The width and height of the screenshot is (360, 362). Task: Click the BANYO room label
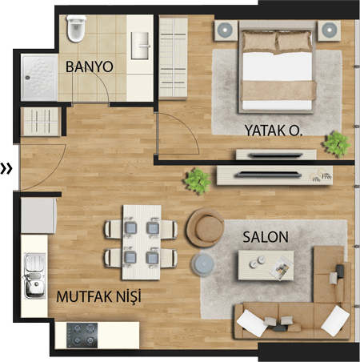(90, 66)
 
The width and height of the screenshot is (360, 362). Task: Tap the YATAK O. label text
(274, 131)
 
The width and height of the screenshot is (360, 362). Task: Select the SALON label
(266, 237)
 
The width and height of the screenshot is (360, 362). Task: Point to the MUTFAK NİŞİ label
(98, 296)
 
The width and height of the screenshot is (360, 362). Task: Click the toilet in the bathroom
(76, 28)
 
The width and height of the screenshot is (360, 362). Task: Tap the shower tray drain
(27, 78)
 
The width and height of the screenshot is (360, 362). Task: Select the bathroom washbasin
(140, 46)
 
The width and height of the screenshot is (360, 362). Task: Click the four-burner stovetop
(82, 336)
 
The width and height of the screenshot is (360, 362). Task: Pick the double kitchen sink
(34, 276)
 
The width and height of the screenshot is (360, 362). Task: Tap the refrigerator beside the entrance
(39, 215)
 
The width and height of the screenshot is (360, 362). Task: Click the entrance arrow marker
(6, 169)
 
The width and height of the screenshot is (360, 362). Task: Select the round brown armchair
(206, 227)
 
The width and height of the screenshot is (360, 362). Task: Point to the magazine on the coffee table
(281, 267)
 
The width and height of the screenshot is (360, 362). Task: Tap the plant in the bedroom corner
(337, 144)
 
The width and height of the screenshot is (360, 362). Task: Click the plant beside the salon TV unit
(198, 181)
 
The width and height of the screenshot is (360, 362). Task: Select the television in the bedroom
(276, 155)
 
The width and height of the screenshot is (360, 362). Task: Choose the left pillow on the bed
(259, 42)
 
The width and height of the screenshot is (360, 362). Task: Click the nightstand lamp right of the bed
(329, 30)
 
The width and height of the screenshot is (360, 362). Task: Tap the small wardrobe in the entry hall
(41, 122)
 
